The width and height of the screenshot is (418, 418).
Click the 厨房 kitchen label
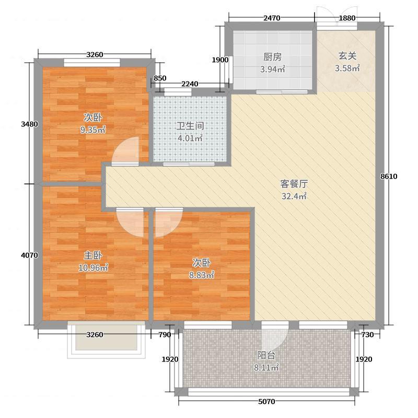[x=272, y=57]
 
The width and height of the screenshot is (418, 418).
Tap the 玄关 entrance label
[x=347, y=56]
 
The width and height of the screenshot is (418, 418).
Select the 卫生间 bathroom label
[x=190, y=126]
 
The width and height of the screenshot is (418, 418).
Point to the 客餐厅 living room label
[x=294, y=184]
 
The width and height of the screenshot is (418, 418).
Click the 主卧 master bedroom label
[x=93, y=256]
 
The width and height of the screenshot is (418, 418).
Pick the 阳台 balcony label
[x=266, y=355]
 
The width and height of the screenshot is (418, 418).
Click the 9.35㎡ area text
[x=93, y=130]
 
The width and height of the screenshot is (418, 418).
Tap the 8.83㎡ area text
[x=202, y=275]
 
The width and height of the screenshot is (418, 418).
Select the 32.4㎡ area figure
[x=294, y=196]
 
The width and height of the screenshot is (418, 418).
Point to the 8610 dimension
[x=389, y=177]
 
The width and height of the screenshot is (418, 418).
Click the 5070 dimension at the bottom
[x=266, y=401]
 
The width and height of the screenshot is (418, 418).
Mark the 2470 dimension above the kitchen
[x=272, y=18]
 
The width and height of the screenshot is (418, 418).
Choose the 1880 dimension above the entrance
[x=347, y=18]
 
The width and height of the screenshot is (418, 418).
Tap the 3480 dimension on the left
[x=29, y=124]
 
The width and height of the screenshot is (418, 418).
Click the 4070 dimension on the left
[x=29, y=256]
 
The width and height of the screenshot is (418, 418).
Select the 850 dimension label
[x=160, y=78]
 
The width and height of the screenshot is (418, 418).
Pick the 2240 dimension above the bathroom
[x=190, y=84]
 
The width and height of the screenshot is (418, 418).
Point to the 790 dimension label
[x=165, y=334]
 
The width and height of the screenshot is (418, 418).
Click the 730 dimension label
[x=367, y=334]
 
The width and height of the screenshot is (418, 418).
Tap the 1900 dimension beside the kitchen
[x=220, y=60]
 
